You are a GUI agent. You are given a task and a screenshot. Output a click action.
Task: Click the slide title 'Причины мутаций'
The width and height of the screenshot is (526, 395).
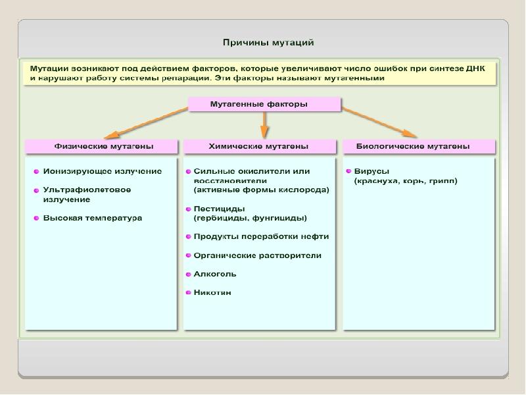click(x=268, y=43)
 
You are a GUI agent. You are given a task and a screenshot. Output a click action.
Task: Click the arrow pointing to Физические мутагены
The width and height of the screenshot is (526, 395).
click(x=145, y=121)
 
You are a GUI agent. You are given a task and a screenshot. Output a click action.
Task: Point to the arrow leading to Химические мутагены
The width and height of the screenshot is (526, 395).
click(x=264, y=122)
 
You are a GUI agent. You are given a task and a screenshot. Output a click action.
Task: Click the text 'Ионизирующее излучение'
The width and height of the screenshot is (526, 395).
click(x=103, y=171)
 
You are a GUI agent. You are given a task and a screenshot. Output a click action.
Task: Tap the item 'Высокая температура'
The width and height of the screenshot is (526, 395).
click(x=93, y=218)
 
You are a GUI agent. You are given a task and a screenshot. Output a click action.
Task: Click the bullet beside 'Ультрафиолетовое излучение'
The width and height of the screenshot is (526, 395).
click(x=37, y=190)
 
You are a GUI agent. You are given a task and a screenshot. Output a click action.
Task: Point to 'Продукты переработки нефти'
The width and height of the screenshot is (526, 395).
click(x=261, y=236)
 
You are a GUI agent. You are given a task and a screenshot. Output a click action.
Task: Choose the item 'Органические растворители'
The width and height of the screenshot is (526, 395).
click(x=258, y=255)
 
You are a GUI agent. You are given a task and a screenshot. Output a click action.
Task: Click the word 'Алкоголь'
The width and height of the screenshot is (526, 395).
click(x=215, y=274)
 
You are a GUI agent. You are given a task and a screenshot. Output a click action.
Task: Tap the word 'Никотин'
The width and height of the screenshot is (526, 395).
click(x=212, y=292)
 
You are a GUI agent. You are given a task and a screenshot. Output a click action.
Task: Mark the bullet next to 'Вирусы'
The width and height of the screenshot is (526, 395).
click(x=348, y=171)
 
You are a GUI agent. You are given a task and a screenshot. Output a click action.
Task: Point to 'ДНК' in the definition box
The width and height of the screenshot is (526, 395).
click(x=483, y=67)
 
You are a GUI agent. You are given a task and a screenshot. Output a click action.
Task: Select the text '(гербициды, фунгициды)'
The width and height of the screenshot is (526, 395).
click(x=251, y=217)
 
